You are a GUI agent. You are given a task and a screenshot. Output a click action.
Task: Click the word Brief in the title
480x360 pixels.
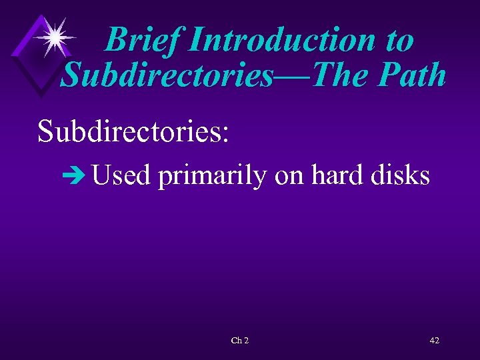(x=143, y=40)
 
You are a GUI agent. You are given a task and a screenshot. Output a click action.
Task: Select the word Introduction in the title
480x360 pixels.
(x=280, y=40)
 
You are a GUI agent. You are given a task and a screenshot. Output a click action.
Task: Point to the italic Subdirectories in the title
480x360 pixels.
(x=167, y=75)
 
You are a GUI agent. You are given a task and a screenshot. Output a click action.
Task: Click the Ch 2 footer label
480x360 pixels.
(x=239, y=341)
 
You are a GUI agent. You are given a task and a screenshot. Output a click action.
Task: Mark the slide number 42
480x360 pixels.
(x=434, y=341)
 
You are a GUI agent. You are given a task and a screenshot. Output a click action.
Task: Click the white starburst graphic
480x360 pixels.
(x=54, y=37)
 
